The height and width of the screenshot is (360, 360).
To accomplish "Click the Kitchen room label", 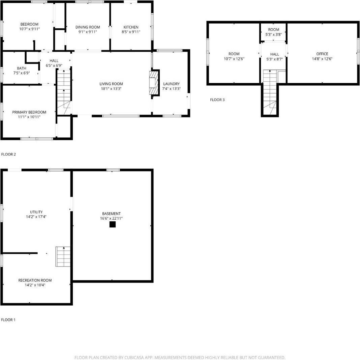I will pyautogui.click(x=131, y=27).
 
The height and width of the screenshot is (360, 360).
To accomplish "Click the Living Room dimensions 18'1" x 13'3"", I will pyautogui.click(x=111, y=89).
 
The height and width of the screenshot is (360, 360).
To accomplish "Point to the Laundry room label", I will pyautogui.click(x=171, y=84).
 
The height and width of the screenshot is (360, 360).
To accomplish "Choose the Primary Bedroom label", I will pyautogui.click(x=29, y=112).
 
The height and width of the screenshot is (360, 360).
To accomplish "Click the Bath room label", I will pyautogui.click(x=22, y=68).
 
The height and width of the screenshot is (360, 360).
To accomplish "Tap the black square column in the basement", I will pyautogui.click(x=113, y=224).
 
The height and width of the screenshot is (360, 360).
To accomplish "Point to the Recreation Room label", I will pyautogui.click(x=35, y=280).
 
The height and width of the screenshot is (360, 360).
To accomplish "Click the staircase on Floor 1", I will pyautogui.click(x=63, y=256).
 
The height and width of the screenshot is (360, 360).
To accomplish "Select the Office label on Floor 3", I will pyautogui.click(x=322, y=54).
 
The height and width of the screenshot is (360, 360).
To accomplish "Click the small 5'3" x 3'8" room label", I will pyautogui.click(x=273, y=30).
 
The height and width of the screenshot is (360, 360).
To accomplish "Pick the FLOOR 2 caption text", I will pyautogui.click(x=9, y=155).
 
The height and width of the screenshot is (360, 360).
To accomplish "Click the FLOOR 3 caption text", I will pyautogui.click(x=217, y=100).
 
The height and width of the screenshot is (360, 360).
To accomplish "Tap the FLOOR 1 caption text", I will pyautogui.click(x=8, y=320).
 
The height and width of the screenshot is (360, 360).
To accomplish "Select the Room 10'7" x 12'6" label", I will pyautogui.click(x=234, y=54).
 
